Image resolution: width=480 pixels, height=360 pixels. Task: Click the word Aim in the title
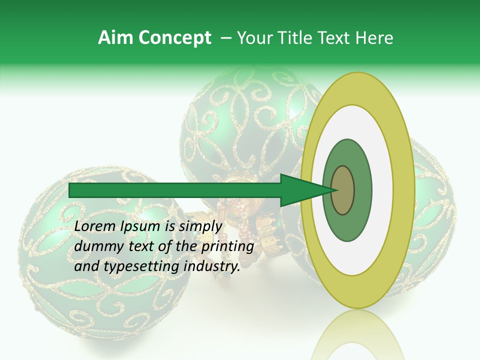click(115, 38)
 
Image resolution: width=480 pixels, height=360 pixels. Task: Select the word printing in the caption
click(227, 246)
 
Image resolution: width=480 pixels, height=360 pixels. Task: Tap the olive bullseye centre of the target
click(343, 190)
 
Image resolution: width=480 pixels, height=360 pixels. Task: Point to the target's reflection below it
click(357, 337)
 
